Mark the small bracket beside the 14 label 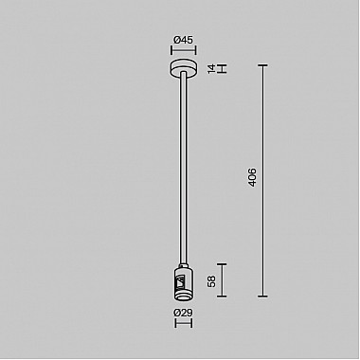click(x=225, y=68)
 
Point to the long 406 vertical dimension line click(x=263, y=180)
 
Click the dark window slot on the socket click(x=175, y=281)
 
